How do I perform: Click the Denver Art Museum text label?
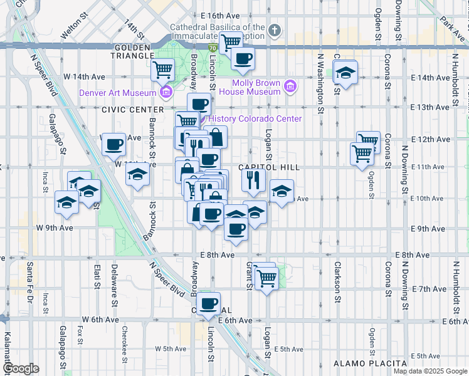click(x=117, y=93)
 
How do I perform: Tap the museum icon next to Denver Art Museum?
click(x=166, y=93)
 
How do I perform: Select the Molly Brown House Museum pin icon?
click(x=290, y=86)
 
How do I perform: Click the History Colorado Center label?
click(x=255, y=118)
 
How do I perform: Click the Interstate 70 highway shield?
click(x=213, y=48)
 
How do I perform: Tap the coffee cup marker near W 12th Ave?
click(x=113, y=144)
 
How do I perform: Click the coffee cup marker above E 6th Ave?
click(x=209, y=303)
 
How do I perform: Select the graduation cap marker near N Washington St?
click(x=345, y=73)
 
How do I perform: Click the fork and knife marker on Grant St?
click(x=253, y=180)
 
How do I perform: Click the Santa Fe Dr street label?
click(x=29, y=281)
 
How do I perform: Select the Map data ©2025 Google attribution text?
click(x=430, y=371)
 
